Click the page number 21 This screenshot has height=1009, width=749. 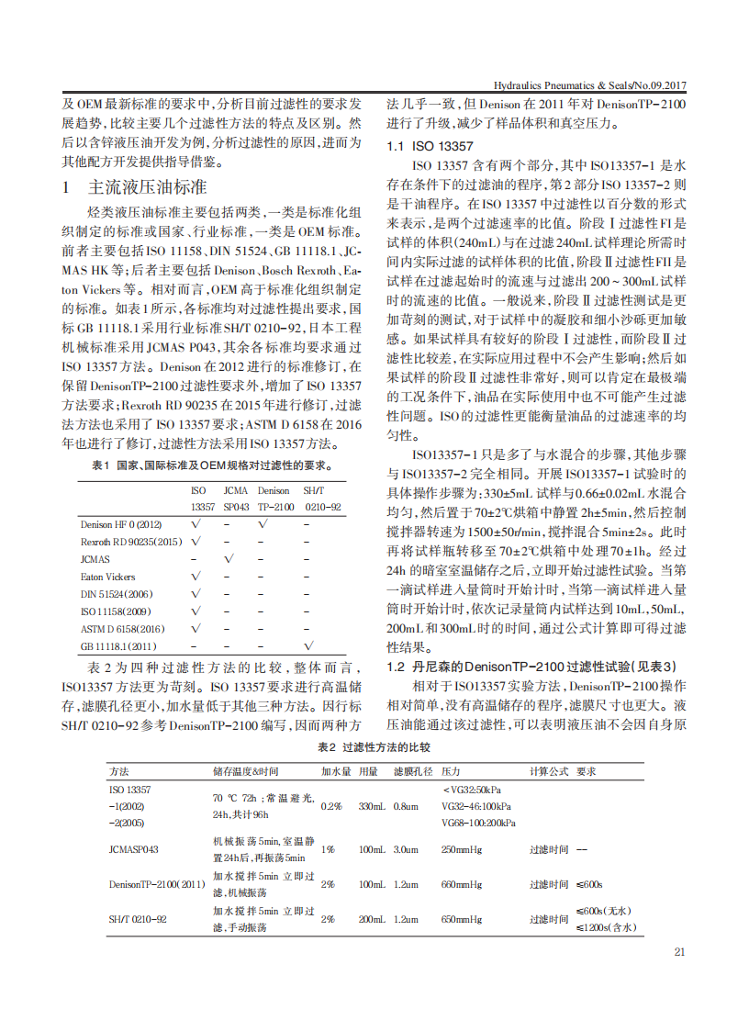coord(679,952)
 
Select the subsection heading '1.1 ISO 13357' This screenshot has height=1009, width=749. coord(430,146)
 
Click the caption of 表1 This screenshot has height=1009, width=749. coord(213,465)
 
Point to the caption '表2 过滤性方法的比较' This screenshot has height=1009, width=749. coord(374,747)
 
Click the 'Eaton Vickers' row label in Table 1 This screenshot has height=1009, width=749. coord(107,577)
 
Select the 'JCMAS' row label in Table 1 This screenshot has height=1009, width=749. coord(95,559)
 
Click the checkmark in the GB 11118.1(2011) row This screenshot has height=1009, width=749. coord(308,646)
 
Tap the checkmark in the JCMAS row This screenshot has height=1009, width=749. coord(229,559)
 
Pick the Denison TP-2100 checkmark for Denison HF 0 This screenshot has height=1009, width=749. coord(264,524)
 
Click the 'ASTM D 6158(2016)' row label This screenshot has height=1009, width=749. coord(122,629)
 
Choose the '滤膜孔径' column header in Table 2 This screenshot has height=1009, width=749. coord(412,771)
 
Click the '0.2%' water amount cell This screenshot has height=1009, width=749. coord(331,805)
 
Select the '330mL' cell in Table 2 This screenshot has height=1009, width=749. coord(372,805)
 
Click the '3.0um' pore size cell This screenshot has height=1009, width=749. coord(406,849)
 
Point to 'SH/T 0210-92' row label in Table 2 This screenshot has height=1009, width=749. coord(138,918)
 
